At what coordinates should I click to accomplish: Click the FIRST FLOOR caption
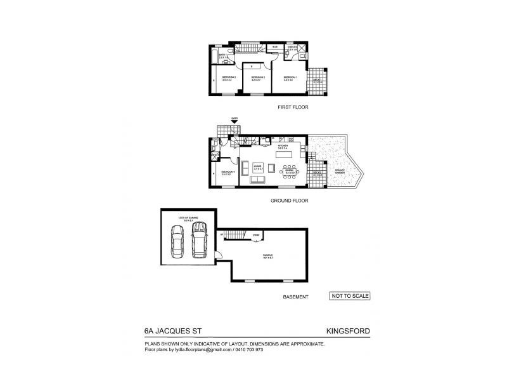[x=293, y=107]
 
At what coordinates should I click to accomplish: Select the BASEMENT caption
[x=295, y=297]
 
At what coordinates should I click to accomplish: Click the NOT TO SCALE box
[x=350, y=296]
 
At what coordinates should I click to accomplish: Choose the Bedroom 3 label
[x=257, y=78]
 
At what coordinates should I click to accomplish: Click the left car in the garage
[x=177, y=241]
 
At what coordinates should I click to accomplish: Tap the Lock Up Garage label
[x=189, y=219]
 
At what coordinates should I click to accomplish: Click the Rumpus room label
[x=267, y=257]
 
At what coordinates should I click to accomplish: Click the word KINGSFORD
[x=347, y=331]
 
